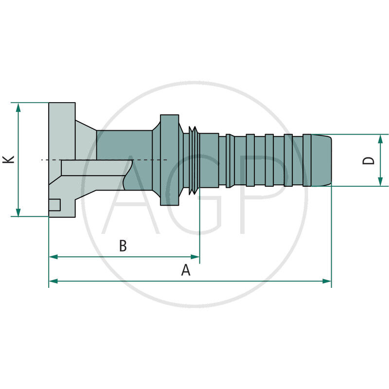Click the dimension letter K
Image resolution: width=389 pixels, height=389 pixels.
[8, 159]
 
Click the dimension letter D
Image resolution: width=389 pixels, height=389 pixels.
[370, 160]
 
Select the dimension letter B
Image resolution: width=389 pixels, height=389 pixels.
[123, 246]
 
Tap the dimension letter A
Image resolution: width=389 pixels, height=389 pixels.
[186, 270]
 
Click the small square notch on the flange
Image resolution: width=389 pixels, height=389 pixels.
[54, 205]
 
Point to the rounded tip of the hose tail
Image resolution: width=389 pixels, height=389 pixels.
[327, 160]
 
